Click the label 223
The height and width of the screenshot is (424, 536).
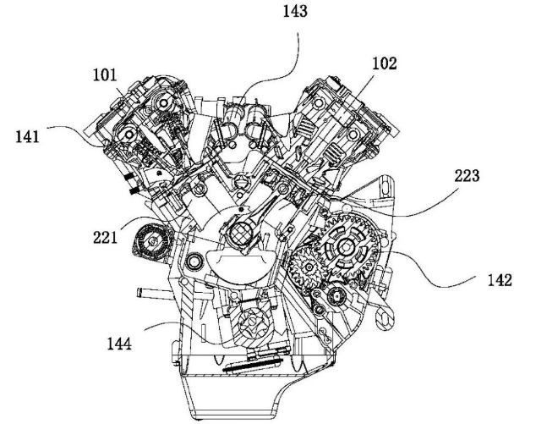(x=466, y=177)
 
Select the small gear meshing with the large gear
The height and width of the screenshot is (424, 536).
(x=307, y=270)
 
